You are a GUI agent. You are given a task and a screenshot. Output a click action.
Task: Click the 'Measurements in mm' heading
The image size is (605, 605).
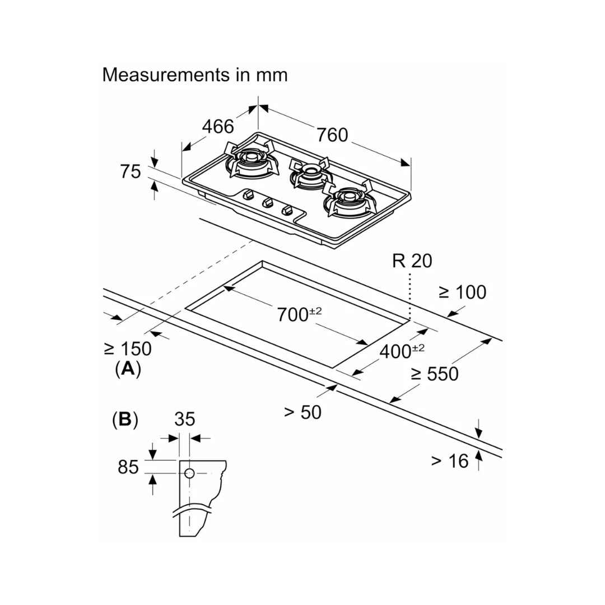pyautogui.click(x=194, y=75)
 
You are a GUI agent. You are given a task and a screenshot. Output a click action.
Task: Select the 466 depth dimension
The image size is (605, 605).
pyautogui.click(x=218, y=127)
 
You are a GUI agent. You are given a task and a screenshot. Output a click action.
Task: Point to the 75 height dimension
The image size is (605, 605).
pyautogui.click(x=131, y=171)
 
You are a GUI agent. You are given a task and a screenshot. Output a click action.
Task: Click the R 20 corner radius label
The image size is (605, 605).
pyautogui.click(x=412, y=261)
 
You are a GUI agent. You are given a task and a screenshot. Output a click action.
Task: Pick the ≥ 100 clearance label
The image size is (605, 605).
pyautogui.click(x=462, y=292)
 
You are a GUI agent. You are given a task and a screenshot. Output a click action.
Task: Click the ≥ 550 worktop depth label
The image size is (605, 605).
pyautogui.click(x=434, y=374)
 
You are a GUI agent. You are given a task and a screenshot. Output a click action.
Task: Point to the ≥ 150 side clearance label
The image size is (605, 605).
pyautogui.click(x=128, y=348)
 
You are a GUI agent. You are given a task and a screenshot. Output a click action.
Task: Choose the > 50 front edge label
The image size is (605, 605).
pyautogui.click(x=302, y=412)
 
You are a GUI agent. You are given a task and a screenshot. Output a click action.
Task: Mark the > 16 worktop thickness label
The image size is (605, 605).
pyautogui.click(x=449, y=461)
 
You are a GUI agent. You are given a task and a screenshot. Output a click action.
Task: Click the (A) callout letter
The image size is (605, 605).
pyautogui.click(x=127, y=369)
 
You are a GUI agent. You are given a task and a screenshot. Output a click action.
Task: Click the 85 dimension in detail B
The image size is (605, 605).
pyautogui.click(x=128, y=466)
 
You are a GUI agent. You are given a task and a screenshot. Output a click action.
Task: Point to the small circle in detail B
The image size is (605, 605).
pyautogui.click(x=189, y=473)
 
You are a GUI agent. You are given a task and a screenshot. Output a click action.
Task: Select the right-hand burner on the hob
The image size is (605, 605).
pyautogui.click(x=346, y=201)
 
